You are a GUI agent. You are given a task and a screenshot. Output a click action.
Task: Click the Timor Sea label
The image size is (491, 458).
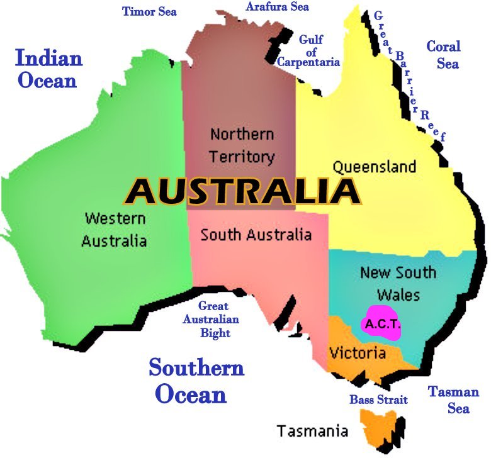coord(149,11)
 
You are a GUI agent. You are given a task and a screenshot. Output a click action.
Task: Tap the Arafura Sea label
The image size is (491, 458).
coord(277,7)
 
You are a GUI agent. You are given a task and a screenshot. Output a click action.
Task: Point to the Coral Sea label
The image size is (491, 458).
coord(443,55)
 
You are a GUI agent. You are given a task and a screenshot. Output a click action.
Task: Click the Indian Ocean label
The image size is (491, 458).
coord(48,69)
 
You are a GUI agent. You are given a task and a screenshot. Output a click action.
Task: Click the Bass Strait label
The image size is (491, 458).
coord(378,399)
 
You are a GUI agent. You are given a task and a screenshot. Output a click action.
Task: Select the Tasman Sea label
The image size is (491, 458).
coord(454,400)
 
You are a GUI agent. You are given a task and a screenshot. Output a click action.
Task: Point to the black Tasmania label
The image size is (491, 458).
coord(312,431)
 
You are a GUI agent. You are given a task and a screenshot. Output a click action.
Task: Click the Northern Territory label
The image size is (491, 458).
coord(242,145)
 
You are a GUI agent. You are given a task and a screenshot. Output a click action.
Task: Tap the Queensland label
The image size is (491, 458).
coord(374,167)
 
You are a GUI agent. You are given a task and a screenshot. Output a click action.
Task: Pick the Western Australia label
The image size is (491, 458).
coord(115,230)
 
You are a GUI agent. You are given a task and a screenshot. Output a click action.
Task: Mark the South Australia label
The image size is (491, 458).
coord(256,235)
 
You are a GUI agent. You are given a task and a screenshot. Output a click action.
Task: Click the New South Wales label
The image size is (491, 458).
coord(398,284)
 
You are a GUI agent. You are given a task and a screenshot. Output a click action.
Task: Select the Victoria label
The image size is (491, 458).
coord(357,353)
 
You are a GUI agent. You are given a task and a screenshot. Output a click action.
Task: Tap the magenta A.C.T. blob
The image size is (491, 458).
coord(380,323)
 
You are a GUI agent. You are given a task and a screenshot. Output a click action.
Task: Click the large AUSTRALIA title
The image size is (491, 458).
coord(242,191)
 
